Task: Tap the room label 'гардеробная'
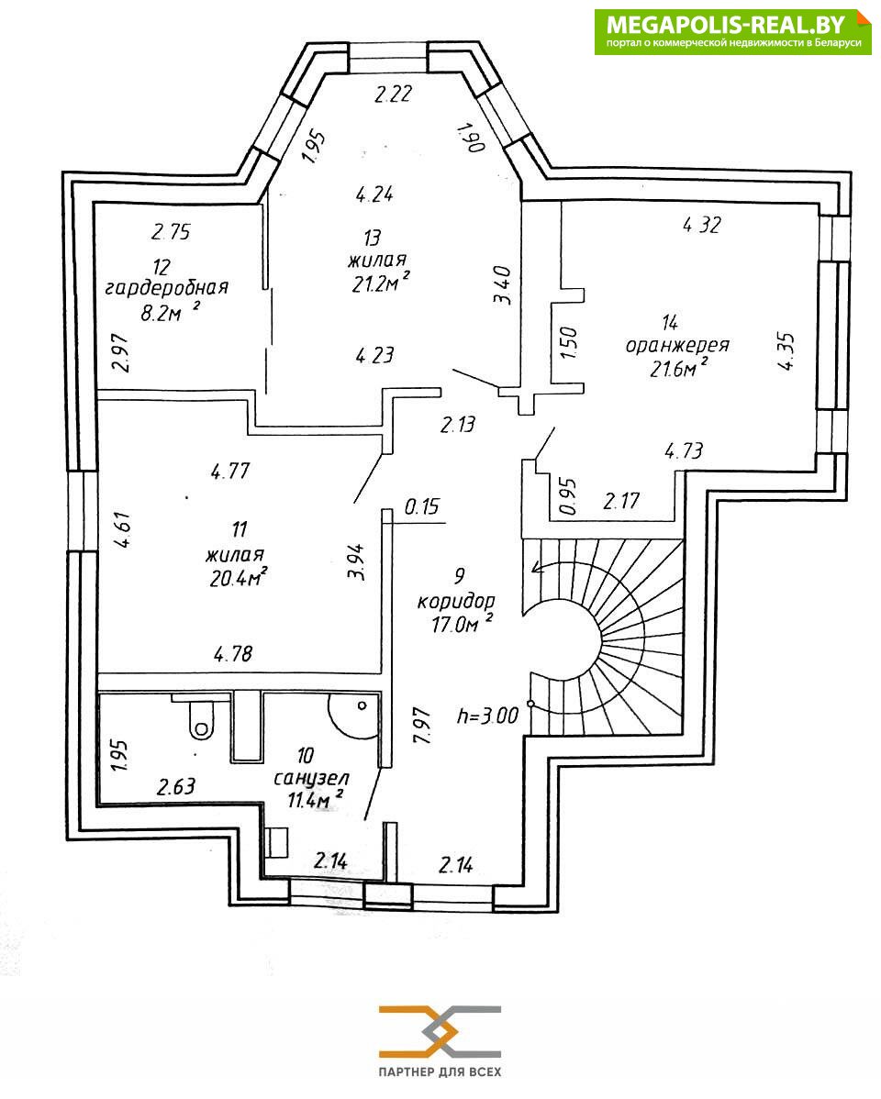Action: (x=166, y=287)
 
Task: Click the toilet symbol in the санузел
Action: (x=200, y=718)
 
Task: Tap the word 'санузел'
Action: (x=311, y=778)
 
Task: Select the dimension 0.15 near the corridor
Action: (x=422, y=505)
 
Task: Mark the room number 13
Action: (x=373, y=239)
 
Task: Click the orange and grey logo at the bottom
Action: (x=440, y=1031)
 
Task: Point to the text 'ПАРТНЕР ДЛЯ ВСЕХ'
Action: (x=440, y=1071)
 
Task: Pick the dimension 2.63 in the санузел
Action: (x=175, y=786)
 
